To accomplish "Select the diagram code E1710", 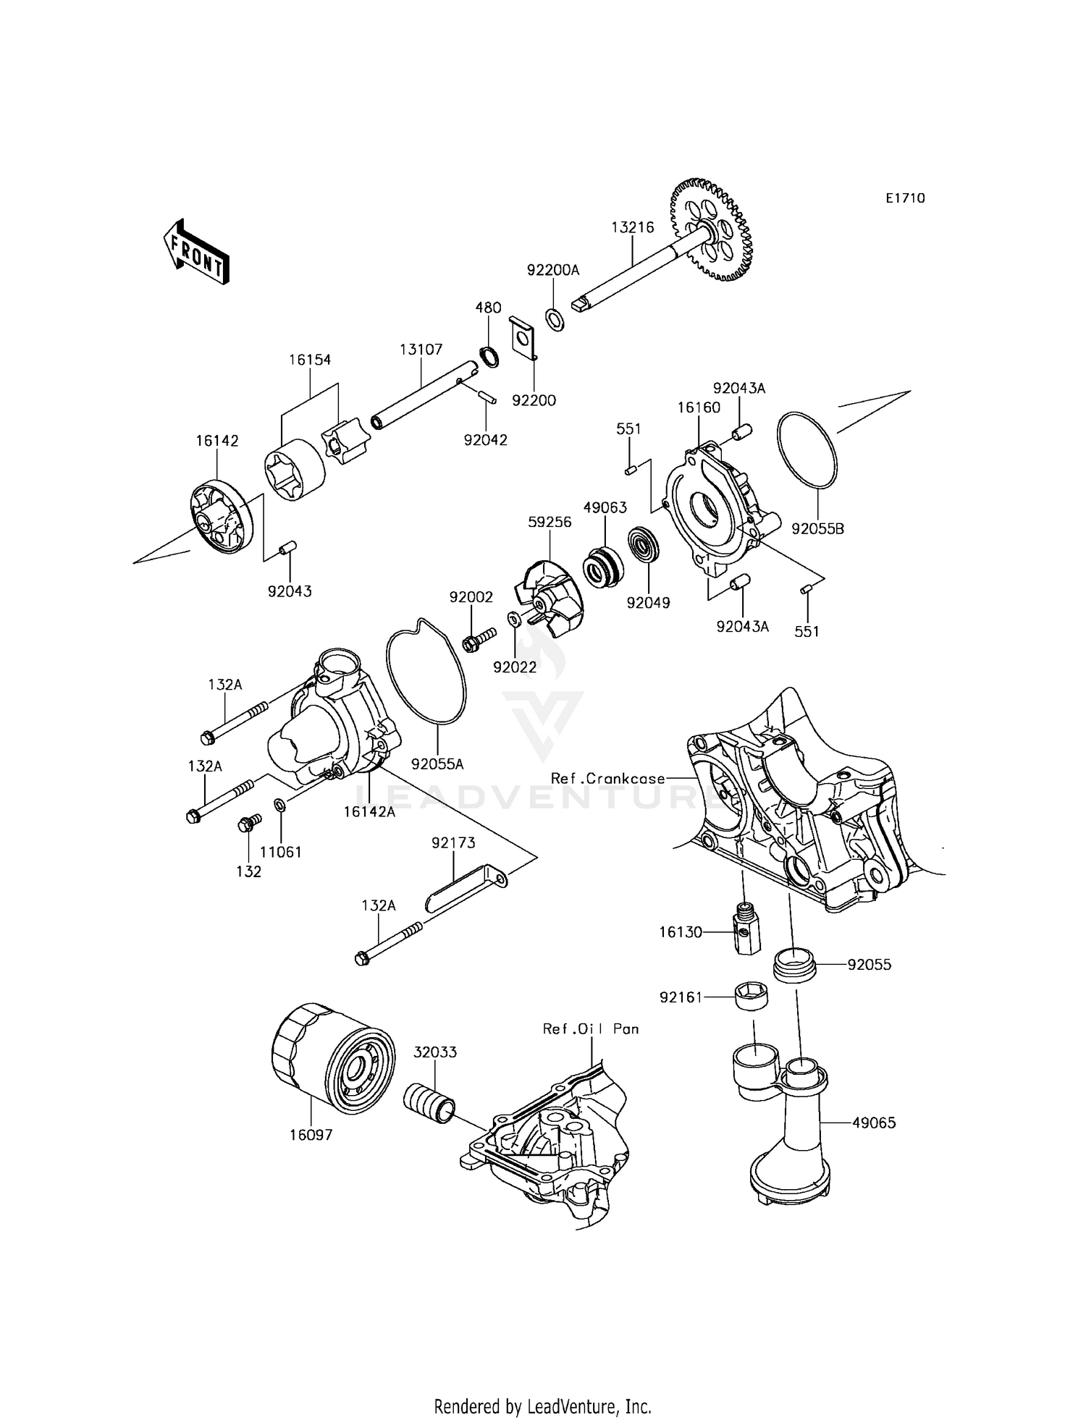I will (905, 198).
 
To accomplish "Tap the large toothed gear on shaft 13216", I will (712, 229).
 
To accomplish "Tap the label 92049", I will (648, 602).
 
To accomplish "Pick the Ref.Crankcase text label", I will (607, 779).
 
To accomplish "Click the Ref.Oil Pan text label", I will (591, 1028).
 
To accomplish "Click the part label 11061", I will (280, 852).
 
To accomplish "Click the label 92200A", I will (553, 270).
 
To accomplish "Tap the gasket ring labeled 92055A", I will (426, 673).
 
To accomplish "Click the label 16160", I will (699, 407).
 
